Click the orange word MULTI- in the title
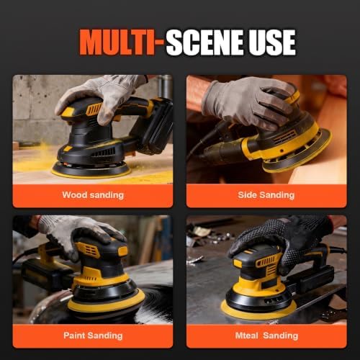tap(121, 42)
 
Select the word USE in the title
tap(272, 42)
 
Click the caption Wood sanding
tap(93, 195)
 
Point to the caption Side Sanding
tap(266, 195)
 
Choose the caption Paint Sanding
tap(93, 336)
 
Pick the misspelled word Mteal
tap(246, 336)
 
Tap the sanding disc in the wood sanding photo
tap(91, 170)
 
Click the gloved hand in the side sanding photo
tap(250, 102)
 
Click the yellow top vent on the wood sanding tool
tap(94, 109)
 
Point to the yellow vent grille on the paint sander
tap(89, 250)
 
